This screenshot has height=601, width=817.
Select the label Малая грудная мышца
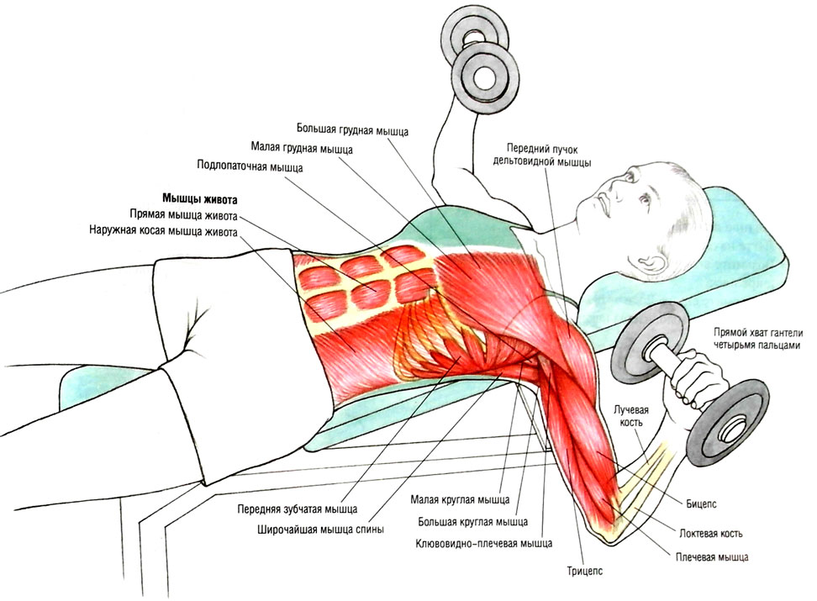click(x=302, y=149)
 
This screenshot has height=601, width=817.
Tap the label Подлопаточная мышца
click(x=250, y=166)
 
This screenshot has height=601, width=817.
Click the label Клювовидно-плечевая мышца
click(x=483, y=544)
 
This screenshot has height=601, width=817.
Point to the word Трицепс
click(x=585, y=572)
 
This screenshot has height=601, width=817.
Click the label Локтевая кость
click(x=711, y=533)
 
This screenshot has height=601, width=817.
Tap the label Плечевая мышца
click(x=711, y=556)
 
